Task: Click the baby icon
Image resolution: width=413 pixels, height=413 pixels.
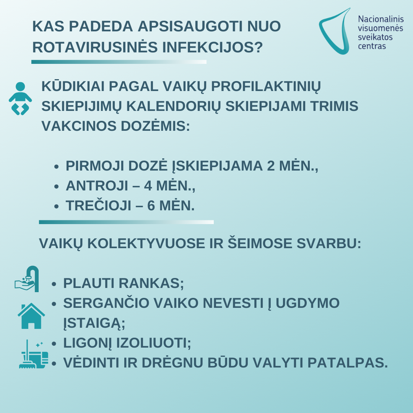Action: pos(20,98)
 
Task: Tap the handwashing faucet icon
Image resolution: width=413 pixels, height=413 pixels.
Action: pos(27,280)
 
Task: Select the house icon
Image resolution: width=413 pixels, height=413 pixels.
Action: pos(31,316)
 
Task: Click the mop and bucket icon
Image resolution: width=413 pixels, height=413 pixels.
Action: pos(34,354)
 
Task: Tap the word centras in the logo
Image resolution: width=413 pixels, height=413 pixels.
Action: pos(372,46)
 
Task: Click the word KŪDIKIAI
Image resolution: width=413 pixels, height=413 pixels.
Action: pos(72,86)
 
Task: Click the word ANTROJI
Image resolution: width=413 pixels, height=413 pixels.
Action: pos(97,186)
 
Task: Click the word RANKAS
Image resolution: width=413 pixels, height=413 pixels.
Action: pos(151,283)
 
